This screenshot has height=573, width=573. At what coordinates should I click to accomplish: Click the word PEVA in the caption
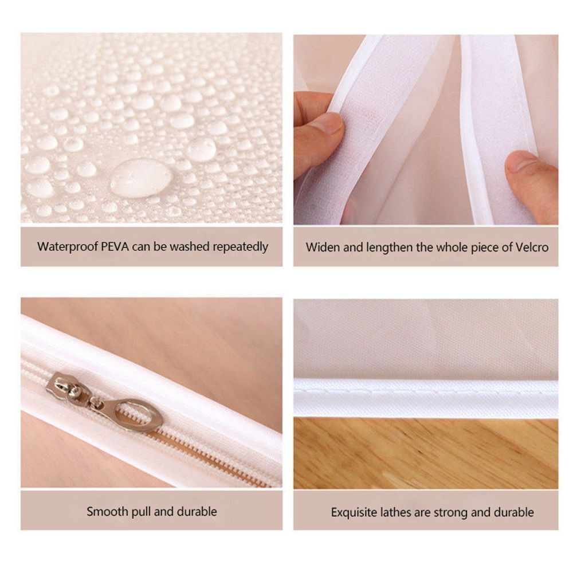(x=115, y=246)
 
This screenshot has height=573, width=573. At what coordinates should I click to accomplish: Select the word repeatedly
(x=241, y=248)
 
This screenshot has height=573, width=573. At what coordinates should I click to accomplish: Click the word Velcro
(x=532, y=248)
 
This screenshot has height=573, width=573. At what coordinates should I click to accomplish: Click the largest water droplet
(x=141, y=178)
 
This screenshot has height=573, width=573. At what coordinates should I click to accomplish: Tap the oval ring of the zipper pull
(x=139, y=415)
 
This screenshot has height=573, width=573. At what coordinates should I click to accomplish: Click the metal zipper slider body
(x=66, y=388)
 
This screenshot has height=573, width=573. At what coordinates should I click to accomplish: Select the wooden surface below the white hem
(x=426, y=453)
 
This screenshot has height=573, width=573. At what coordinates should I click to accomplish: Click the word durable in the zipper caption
(x=197, y=511)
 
